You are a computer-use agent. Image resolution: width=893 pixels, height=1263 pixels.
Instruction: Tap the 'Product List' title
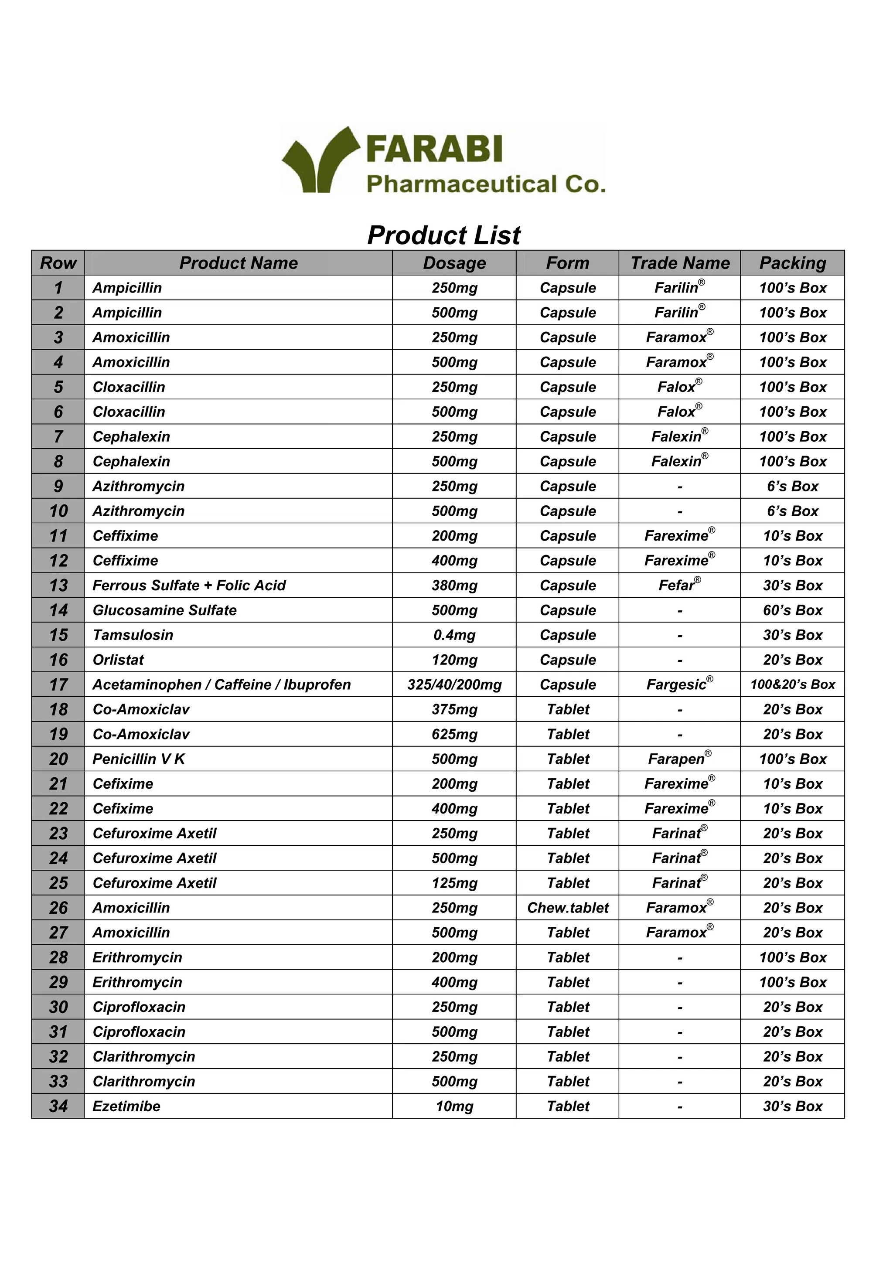[443, 235]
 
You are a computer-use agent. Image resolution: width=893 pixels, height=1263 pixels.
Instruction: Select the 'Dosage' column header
[454, 263]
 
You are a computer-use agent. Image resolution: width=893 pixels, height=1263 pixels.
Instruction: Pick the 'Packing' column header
[792, 263]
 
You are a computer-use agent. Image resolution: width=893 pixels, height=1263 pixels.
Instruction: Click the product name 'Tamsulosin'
[133, 635]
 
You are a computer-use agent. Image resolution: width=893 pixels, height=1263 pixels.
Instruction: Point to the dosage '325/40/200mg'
[454, 684]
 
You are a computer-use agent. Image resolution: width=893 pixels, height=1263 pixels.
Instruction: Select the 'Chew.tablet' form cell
[567, 908]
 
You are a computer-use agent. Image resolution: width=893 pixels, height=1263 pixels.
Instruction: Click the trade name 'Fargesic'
[676, 684]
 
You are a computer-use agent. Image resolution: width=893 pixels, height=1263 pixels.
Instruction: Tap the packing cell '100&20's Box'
[792, 684]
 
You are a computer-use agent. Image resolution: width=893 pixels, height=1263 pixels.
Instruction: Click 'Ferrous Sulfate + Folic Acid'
[189, 586]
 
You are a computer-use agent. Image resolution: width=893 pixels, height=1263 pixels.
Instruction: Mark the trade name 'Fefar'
[677, 586]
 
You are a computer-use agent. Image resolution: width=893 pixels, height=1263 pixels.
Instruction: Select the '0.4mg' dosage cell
[454, 635]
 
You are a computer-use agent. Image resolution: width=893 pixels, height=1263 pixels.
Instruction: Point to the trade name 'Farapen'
[676, 759]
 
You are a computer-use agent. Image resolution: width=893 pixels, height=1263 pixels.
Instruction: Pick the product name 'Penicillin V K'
[139, 759]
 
